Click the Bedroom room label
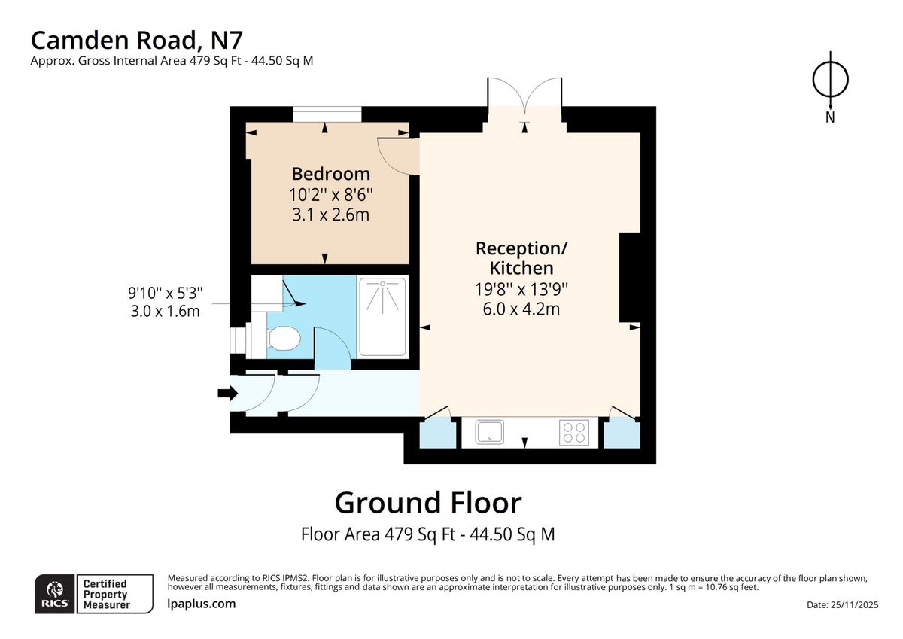[330, 174]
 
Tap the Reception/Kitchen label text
[521, 257]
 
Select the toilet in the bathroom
[284, 340]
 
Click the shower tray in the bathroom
[382, 316]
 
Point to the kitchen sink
[490, 432]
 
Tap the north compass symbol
[830, 79]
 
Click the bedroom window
[327, 115]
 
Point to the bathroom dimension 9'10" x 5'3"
[166, 301]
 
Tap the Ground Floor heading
[427, 502]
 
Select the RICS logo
[54, 594]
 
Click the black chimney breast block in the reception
[629, 278]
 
